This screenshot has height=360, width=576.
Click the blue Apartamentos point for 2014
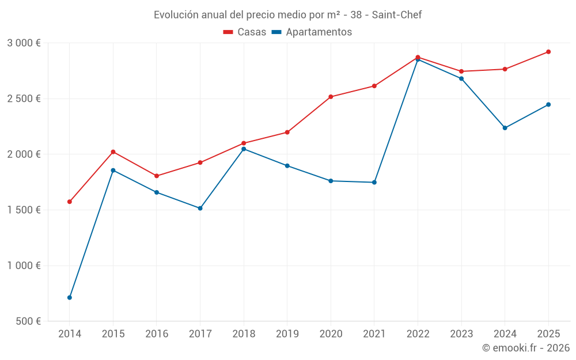(70, 298)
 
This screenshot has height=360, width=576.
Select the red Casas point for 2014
(70, 202)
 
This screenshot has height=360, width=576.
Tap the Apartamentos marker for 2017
(200, 208)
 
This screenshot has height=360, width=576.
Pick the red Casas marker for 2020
(331, 97)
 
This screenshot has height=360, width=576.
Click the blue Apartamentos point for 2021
(374, 182)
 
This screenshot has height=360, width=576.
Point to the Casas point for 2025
(548, 52)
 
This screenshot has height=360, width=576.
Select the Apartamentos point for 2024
(505, 128)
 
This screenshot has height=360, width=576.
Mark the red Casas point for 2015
(113, 151)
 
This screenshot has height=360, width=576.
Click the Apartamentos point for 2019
(287, 166)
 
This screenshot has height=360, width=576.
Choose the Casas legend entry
(245, 32)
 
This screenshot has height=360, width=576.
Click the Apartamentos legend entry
(312, 32)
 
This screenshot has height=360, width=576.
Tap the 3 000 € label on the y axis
(24, 43)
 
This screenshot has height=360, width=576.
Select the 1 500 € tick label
(24, 210)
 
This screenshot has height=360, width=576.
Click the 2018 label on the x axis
(244, 334)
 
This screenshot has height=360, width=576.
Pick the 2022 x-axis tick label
(418, 334)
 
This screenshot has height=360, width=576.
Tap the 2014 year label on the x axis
(70, 334)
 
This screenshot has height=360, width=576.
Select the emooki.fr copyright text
(525, 348)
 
